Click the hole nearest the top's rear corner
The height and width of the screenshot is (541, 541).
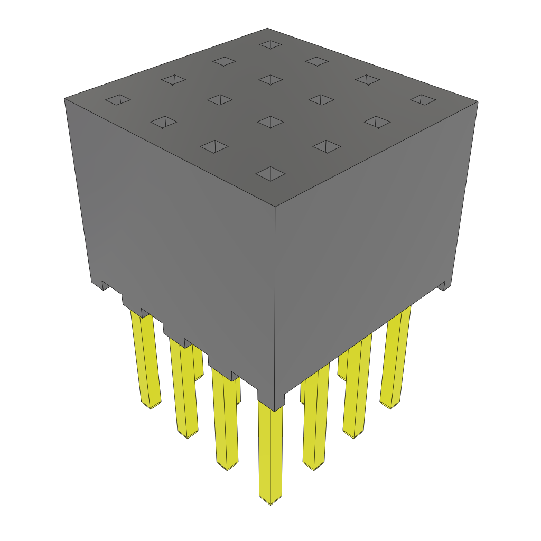(270, 45)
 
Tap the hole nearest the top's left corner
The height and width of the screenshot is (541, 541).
(117, 100)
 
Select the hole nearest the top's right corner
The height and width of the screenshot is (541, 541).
(423, 99)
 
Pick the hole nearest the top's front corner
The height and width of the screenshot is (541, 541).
(270, 173)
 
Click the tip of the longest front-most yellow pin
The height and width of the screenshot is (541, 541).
(270, 500)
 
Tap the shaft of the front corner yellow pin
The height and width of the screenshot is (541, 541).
(270, 449)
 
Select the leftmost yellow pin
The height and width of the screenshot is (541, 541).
(146, 359)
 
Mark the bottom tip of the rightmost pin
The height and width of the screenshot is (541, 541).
(390, 406)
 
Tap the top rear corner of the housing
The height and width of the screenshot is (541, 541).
(267, 29)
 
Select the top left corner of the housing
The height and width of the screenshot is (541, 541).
(64, 98)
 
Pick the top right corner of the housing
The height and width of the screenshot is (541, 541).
(478, 101)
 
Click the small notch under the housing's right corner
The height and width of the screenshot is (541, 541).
(443, 287)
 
